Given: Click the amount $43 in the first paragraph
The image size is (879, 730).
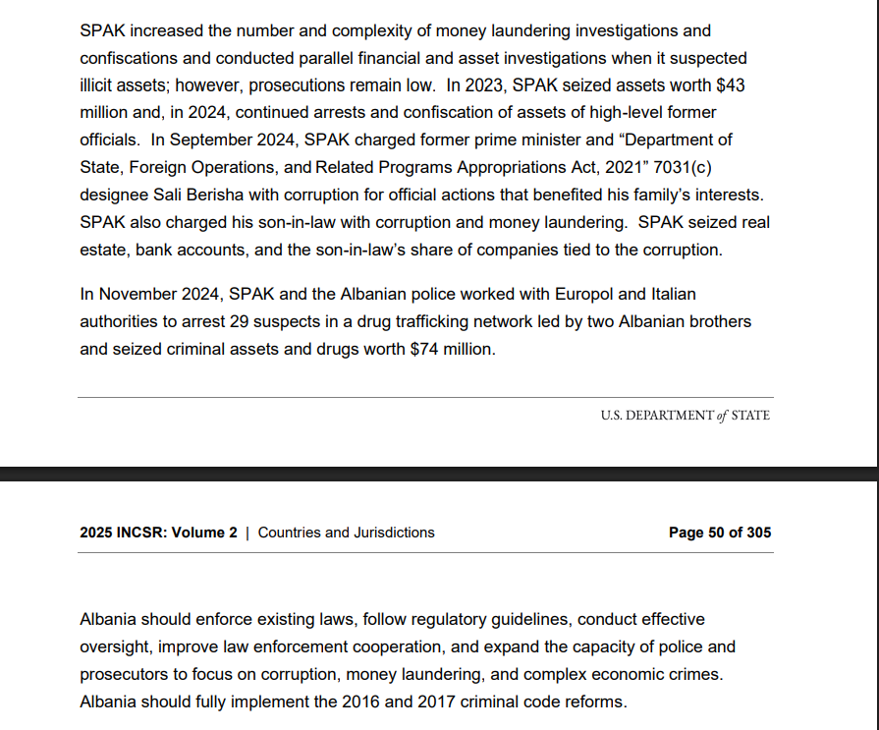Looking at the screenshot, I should pyautogui.click(x=729, y=85).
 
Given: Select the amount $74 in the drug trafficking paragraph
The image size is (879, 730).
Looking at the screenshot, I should pyautogui.click(x=423, y=349).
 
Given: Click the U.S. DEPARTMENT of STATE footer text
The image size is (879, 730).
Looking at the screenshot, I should pyautogui.click(x=685, y=416).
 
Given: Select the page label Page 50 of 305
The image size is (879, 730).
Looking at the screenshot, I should pyautogui.click(x=719, y=533).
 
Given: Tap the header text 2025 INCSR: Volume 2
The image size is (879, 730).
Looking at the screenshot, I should pyautogui.click(x=158, y=533).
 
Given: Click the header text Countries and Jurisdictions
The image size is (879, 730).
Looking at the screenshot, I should pyautogui.click(x=346, y=533).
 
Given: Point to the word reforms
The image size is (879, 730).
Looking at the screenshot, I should pyautogui.click(x=592, y=702).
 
